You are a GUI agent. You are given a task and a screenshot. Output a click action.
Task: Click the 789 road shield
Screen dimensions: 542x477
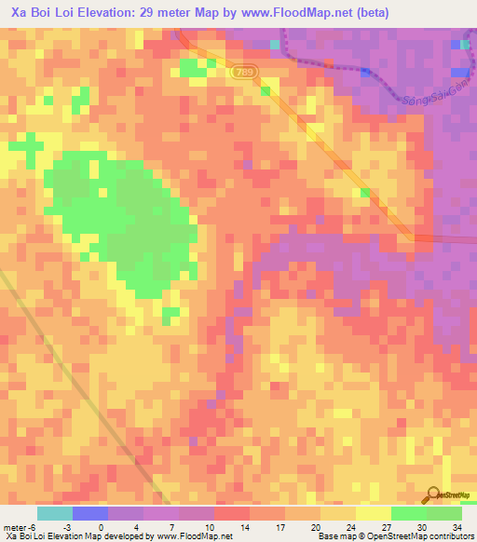[245, 72]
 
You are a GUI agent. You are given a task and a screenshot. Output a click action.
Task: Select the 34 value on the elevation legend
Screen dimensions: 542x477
[457, 526]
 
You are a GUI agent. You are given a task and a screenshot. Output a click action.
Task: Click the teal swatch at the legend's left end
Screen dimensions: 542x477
[55, 513]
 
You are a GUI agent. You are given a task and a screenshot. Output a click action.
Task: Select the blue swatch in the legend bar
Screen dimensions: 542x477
[90, 513]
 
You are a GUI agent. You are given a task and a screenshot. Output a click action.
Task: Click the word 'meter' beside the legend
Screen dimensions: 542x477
[16, 526]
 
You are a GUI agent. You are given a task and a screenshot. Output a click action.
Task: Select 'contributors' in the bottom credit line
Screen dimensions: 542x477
[450, 536]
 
